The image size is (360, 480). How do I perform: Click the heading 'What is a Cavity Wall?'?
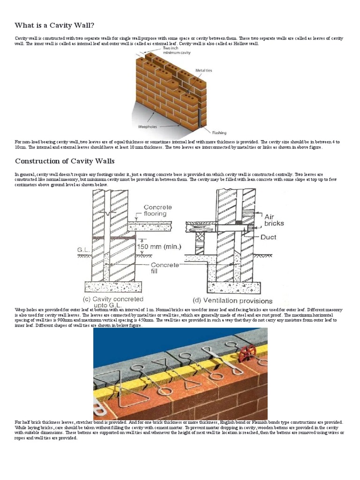point(57,25)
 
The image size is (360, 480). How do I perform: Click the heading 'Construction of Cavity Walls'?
point(65,161)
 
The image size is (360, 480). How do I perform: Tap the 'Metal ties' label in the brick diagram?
point(203,70)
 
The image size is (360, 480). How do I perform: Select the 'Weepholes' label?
point(147,126)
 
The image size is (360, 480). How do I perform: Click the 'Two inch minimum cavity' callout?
point(174,51)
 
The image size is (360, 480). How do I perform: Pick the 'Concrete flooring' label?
point(157,210)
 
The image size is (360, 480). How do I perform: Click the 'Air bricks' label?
point(275,220)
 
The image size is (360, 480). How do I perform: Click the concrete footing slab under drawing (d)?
point(231,287)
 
